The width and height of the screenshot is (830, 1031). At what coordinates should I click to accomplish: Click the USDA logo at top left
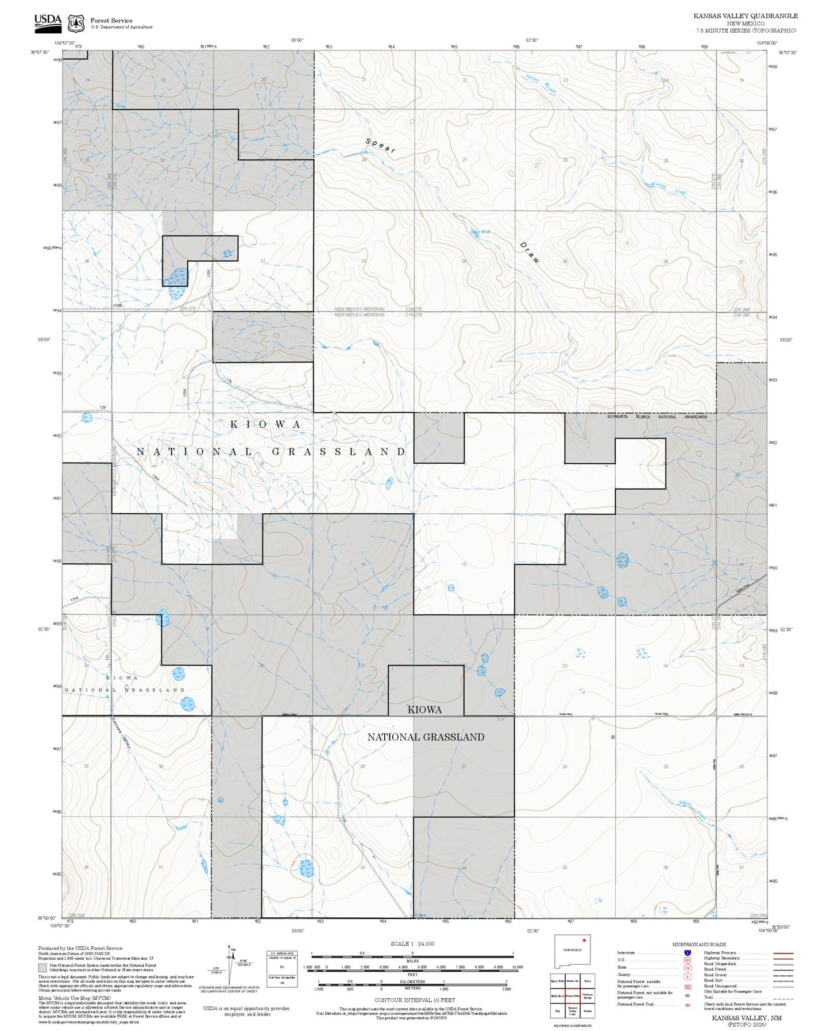(48, 21)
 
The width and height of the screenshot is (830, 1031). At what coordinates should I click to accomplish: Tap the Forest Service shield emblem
(76, 23)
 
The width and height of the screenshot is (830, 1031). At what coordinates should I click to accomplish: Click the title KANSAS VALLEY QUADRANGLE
(745, 16)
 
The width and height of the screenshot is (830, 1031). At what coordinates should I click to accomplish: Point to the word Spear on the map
(380, 146)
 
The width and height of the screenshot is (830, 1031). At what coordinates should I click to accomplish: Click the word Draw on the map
(530, 252)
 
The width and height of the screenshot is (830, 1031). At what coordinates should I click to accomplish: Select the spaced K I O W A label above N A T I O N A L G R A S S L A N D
(265, 425)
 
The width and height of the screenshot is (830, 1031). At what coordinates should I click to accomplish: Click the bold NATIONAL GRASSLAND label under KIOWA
(426, 737)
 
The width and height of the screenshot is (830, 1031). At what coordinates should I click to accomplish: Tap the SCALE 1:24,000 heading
(412, 944)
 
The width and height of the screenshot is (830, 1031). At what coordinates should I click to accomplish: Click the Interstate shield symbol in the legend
(688, 953)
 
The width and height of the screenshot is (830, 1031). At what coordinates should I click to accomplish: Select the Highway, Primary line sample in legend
(783, 953)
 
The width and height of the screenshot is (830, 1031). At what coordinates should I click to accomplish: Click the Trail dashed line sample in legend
(783, 998)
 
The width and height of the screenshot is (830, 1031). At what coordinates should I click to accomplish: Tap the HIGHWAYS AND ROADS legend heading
(699, 944)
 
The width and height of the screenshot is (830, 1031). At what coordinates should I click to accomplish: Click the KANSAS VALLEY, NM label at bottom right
(747, 1018)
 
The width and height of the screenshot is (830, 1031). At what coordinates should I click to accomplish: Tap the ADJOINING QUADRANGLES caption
(572, 1025)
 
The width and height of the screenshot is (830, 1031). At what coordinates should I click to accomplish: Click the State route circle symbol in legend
(688, 968)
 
